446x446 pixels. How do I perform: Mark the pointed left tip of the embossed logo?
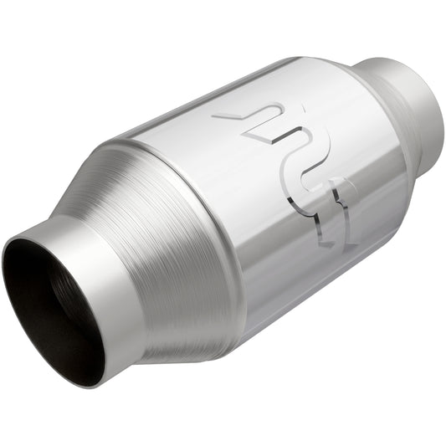[216, 116]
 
